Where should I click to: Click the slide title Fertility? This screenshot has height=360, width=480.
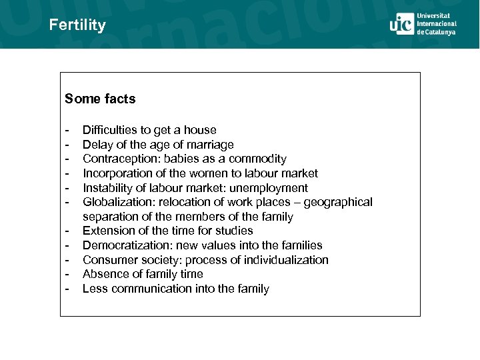coord(77,25)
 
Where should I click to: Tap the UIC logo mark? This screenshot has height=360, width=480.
coord(401,24)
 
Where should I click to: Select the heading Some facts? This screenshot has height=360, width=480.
coord(100,99)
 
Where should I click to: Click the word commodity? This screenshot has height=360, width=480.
coord(257,159)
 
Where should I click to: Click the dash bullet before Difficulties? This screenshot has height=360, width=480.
coord(67,130)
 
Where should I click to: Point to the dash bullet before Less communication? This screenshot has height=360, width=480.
coord(67,289)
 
